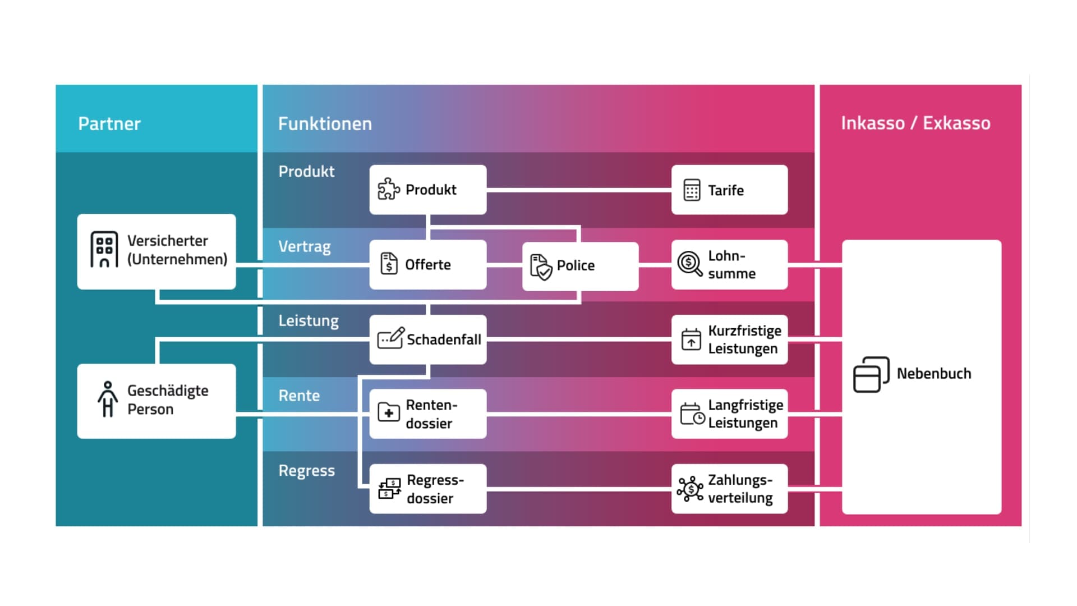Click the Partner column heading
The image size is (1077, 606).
tap(109, 123)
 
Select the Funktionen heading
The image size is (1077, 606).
tap(325, 123)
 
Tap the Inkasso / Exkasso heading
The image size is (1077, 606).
tap(915, 123)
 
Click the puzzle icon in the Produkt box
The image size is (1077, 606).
tap(388, 190)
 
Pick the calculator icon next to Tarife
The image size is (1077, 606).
tap(692, 190)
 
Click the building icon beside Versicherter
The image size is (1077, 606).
tap(104, 250)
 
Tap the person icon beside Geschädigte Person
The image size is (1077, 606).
tap(107, 400)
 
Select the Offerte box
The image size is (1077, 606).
tap(427, 265)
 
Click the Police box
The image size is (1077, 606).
tap(580, 266)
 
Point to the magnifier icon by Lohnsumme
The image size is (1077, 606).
tap(689, 264)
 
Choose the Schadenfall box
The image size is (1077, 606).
tap(427, 339)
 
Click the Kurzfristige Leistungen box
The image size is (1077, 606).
tap(729, 339)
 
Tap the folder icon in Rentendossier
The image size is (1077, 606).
tap(389, 413)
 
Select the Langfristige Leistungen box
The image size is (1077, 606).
tap(729, 414)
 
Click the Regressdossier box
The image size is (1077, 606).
tap(427, 489)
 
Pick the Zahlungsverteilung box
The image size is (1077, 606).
tap(729, 489)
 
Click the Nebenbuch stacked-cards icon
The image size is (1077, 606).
tap(871, 374)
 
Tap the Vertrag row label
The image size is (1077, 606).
tap(305, 246)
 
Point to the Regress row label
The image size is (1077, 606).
tap(306, 470)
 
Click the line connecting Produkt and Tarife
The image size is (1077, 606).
tap(578, 191)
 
